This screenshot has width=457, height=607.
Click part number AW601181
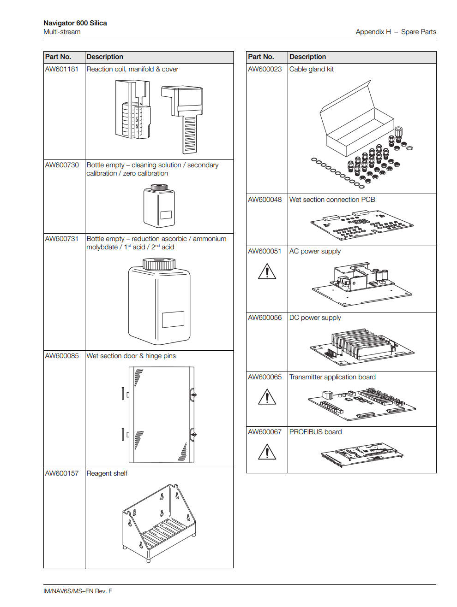62,69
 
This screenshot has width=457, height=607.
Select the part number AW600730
62,165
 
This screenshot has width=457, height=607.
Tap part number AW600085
62,356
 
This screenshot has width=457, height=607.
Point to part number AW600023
265,69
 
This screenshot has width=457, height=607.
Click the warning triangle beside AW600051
267,271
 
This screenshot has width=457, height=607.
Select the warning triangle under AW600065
267,397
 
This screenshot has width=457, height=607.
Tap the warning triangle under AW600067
267,452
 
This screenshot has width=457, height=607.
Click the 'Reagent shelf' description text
107,473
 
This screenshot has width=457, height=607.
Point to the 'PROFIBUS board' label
315,432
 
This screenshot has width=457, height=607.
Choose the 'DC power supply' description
315,318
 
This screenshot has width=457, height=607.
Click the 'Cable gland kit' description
311,69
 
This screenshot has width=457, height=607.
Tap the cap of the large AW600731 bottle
159,264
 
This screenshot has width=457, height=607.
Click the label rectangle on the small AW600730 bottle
166,214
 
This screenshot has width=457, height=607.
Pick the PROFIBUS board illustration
362,454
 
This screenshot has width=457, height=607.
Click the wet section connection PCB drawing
362,225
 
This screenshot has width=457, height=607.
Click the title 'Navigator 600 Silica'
75,23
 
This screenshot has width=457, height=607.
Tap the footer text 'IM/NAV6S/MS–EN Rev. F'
78,591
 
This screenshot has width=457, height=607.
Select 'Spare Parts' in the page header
418,32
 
